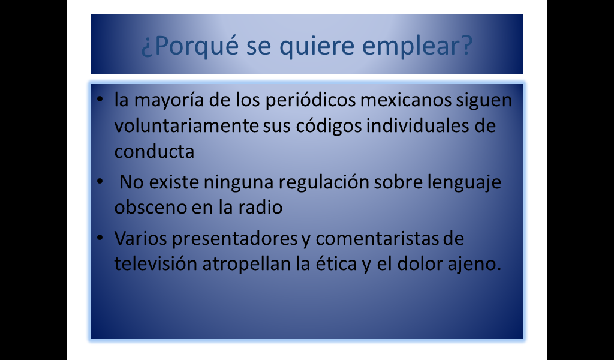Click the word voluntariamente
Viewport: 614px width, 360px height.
coord(186,126)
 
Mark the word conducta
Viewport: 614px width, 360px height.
coord(154,152)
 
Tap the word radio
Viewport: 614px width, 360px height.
coord(260,207)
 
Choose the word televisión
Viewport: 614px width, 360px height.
coord(156,263)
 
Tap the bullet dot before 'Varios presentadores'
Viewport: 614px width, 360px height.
coord(100,238)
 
